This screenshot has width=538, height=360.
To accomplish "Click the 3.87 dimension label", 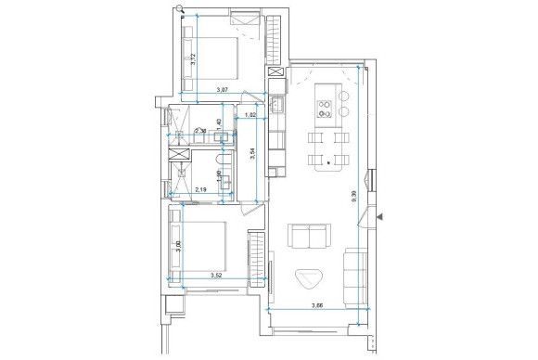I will click(223, 90).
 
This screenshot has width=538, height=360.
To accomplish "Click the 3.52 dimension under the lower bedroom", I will click(216, 275).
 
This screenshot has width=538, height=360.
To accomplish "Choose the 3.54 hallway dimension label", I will click(251, 154).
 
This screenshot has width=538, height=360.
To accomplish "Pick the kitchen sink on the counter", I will click(276, 105).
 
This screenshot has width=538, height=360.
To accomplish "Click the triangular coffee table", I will click(309, 278).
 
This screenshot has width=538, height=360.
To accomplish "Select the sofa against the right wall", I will click(352, 274).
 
